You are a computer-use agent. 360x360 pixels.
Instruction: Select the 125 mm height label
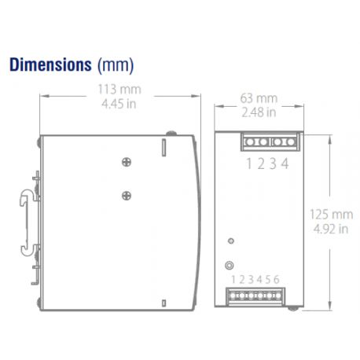(x=331, y=213)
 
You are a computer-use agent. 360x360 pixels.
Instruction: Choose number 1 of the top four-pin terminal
(x=248, y=163)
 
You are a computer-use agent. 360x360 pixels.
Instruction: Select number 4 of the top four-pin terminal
(x=285, y=163)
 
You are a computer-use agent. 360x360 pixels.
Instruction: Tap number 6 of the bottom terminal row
(x=277, y=279)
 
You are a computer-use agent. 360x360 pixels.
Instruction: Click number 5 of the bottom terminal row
(x=269, y=279)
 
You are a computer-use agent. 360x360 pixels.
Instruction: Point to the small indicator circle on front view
(x=230, y=241)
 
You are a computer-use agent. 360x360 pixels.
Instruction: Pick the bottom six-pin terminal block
(x=255, y=296)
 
